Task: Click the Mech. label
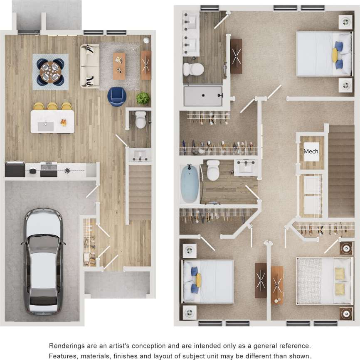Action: tap(311, 152)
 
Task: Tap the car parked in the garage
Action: tap(43, 261)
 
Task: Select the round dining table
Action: tap(50, 71)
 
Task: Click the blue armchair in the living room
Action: tap(116, 96)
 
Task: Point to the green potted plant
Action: tap(143, 98)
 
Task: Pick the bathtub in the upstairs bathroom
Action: tap(190, 184)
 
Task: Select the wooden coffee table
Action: tap(119, 66)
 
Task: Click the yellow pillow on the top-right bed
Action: tap(334, 55)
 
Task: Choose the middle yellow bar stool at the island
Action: tap(52, 106)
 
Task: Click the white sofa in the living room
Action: tap(90, 66)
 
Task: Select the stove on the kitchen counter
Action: tap(49, 169)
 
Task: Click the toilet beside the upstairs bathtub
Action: tap(213, 170)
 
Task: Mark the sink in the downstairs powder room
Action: tap(140, 155)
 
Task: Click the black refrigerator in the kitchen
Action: tap(15, 169)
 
